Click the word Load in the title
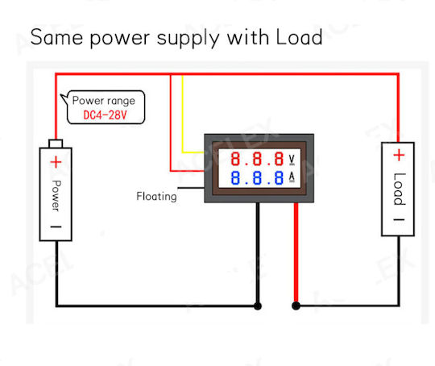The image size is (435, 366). pos(299,37)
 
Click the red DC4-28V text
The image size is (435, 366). pos(105,114)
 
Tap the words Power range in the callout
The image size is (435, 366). pos(103,101)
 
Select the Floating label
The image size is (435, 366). pos(156,197)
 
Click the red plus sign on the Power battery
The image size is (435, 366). pos(56,162)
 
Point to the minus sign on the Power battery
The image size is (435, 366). pos(56,227)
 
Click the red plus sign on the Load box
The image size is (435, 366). pos(399,155)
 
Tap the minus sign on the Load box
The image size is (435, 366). pos(400,220)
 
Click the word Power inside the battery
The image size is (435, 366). pos(56,196)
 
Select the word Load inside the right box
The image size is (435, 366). pos(400,189)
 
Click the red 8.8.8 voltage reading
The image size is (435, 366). pos(257,159)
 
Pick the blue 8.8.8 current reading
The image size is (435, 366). pos(257,177)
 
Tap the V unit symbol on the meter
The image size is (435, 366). pos(292,160)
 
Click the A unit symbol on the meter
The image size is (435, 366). pos(292,177)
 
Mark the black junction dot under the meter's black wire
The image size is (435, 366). pos(258,306)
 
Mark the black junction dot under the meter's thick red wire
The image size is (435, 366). pos(296,306)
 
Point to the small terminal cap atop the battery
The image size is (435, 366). pos(56,143)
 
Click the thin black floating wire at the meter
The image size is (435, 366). pos(191,188)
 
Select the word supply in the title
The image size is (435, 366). pos(188,39)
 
